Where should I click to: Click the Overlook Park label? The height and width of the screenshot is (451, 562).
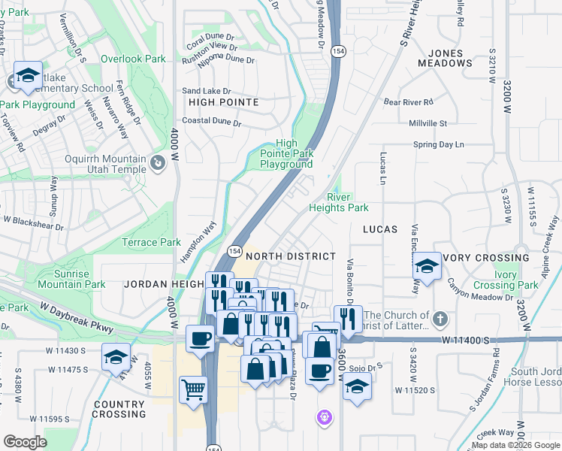pyautogui.click(x=134, y=59)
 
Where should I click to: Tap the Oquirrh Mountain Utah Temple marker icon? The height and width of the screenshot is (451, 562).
pyautogui.click(x=157, y=162)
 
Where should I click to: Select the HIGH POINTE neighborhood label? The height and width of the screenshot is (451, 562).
pyautogui.click(x=224, y=101)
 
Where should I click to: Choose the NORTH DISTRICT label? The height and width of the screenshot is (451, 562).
pyautogui.click(x=291, y=256)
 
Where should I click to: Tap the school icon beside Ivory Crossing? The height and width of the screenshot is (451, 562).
pyautogui.click(x=427, y=266)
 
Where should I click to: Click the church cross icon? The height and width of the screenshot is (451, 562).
pyautogui.click(x=440, y=320)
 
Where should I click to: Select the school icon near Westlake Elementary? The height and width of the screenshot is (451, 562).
pyautogui.click(x=28, y=75)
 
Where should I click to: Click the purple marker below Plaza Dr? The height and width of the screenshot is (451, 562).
pyautogui.click(x=325, y=416)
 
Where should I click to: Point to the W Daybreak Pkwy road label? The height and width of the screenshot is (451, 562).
pyautogui.click(x=76, y=319)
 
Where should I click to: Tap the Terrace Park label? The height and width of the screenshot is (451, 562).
pyautogui.click(x=151, y=242)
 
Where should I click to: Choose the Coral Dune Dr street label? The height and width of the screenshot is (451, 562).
pyautogui.click(x=210, y=35)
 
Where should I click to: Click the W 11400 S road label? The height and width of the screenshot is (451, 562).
pyautogui.click(x=467, y=341)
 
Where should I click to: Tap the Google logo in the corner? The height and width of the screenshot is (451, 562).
pyautogui.click(x=26, y=441)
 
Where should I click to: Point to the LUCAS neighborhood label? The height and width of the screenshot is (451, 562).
pyautogui.click(x=380, y=229)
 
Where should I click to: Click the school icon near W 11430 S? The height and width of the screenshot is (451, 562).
pyautogui.click(x=116, y=356)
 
